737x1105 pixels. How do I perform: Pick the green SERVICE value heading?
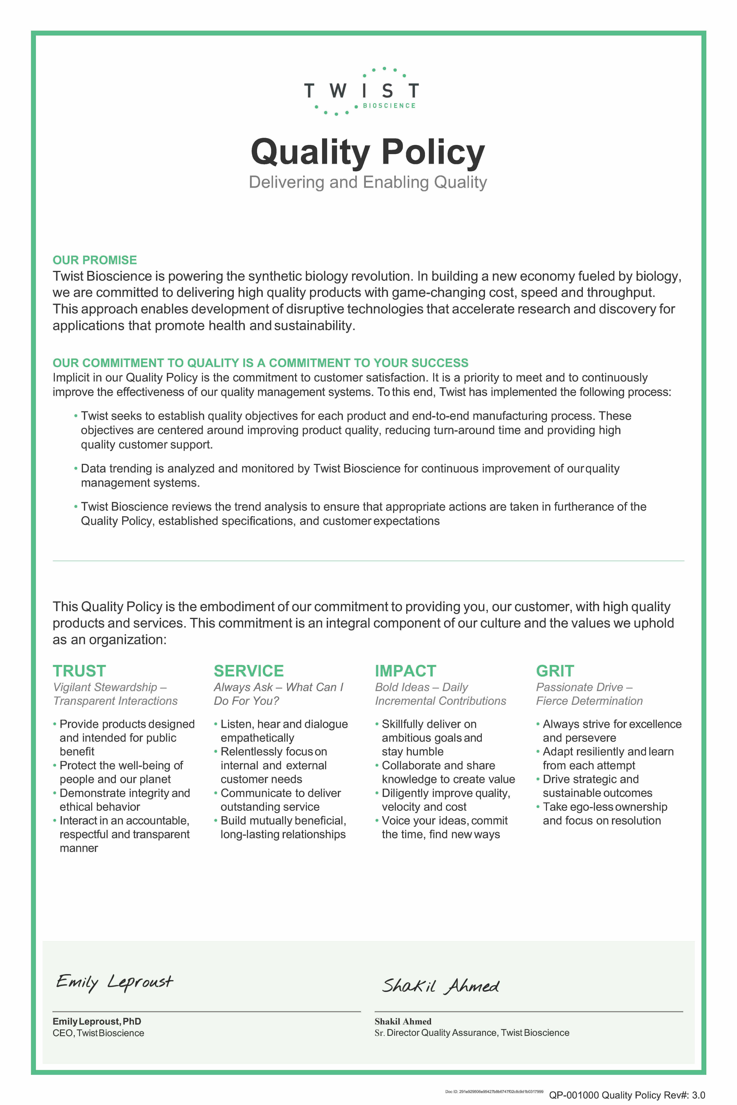[x=249, y=671]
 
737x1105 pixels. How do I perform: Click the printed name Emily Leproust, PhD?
[x=97, y=1021]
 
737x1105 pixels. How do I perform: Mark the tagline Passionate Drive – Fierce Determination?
[x=589, y=694]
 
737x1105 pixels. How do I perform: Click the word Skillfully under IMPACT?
[x=405, y=724]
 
